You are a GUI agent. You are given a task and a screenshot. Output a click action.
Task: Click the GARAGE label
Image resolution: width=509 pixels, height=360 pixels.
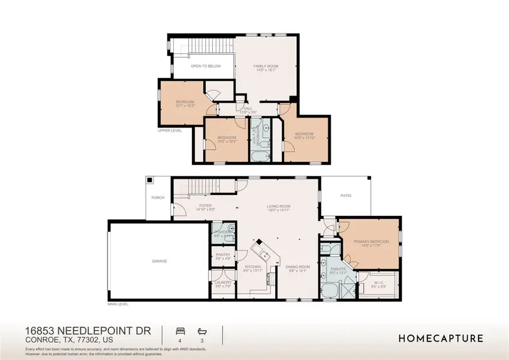[159, 261]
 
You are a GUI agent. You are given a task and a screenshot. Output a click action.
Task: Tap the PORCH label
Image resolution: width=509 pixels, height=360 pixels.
[158, 197]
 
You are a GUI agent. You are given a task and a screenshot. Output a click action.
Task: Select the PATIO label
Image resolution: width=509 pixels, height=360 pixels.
[346, 196]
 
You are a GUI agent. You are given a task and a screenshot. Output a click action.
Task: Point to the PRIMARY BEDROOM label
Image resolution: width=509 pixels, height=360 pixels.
[371, 241]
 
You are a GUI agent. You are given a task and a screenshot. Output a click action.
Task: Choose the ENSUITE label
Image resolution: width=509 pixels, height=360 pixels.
[330, 269]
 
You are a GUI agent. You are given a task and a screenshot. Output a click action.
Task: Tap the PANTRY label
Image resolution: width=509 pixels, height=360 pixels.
[222, 255]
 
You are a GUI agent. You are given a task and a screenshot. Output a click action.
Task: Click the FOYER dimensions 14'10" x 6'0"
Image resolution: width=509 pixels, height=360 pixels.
[204, 210]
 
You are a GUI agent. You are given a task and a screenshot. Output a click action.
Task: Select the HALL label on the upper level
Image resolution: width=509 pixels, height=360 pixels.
[248, 109]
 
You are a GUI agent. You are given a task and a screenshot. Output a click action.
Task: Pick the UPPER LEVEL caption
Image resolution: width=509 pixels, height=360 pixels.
[169, 130]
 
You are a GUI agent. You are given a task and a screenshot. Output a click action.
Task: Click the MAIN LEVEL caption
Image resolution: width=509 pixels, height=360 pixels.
[118, 304]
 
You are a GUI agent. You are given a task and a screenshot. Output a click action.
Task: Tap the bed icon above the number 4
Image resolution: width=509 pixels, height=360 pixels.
[179, 330]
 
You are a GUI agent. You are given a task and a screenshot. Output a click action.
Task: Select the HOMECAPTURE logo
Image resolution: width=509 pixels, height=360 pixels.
[441, 338]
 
